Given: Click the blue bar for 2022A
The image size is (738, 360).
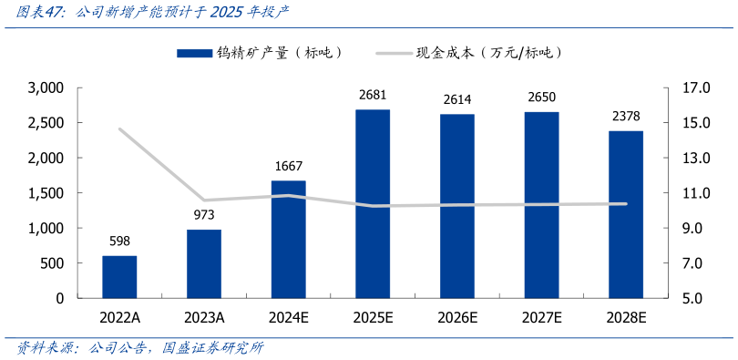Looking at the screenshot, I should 119,277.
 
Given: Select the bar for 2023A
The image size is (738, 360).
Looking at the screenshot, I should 204,263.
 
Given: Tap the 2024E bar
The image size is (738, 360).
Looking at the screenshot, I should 288,239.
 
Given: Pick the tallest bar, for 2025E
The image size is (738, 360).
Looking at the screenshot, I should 373,203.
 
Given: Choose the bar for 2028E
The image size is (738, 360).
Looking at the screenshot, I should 626,214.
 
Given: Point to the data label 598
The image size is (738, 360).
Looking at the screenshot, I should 119,242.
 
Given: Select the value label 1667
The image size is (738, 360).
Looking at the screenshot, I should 288,167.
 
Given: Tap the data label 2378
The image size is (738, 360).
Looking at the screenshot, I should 626,117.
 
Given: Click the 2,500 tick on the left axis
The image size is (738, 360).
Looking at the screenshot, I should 46,123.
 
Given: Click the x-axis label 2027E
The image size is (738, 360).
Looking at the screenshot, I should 541,317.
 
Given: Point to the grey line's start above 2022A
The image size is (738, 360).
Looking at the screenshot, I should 119,129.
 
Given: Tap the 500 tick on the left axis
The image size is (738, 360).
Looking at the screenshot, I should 51,263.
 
